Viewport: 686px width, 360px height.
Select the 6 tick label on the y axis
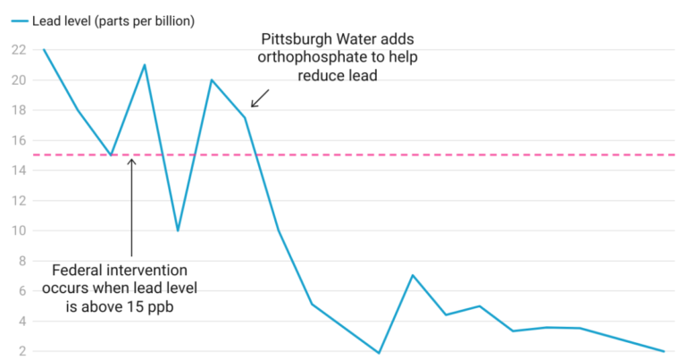21,291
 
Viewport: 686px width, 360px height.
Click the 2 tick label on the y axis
21,351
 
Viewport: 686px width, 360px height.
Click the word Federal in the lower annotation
82,269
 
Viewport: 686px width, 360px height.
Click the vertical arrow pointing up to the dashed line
132,205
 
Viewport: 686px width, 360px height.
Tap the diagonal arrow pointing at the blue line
259,97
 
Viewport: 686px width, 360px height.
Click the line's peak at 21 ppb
145,64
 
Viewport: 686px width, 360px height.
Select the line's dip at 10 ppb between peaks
178,230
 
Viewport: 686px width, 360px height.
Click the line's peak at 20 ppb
212,80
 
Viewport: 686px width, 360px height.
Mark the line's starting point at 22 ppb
43,49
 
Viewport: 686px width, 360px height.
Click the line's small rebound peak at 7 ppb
413,275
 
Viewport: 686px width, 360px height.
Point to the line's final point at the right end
665,351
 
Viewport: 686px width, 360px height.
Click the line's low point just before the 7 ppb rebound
379,353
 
